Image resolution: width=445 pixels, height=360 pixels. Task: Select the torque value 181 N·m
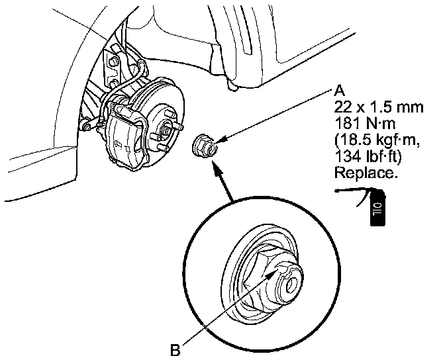[366, 122]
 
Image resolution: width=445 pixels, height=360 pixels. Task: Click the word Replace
[366, 173]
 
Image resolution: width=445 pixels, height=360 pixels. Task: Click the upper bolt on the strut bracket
[113, 62]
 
